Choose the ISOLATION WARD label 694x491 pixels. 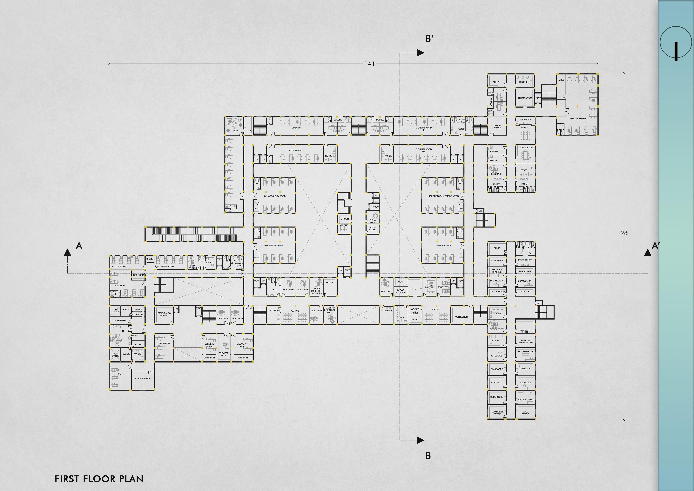(x=579, y=119)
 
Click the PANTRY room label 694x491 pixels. (x=495, y=82)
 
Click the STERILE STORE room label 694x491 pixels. (x=143, y=378)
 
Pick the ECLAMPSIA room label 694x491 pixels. (x=164, y=343)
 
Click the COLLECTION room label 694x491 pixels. (x=461, y=317)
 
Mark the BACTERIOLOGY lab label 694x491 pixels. (x=526, y=399)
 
